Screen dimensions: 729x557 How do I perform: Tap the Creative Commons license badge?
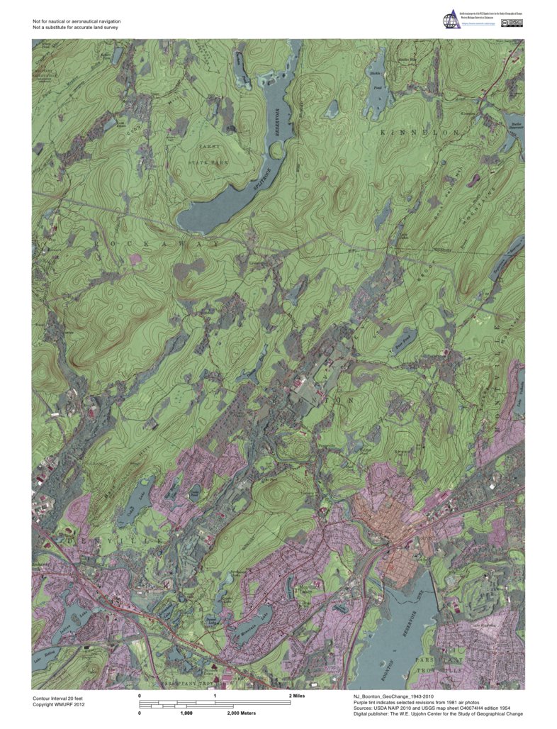tap(512, 23)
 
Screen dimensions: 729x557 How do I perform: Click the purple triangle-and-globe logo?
tap(451, 20)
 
